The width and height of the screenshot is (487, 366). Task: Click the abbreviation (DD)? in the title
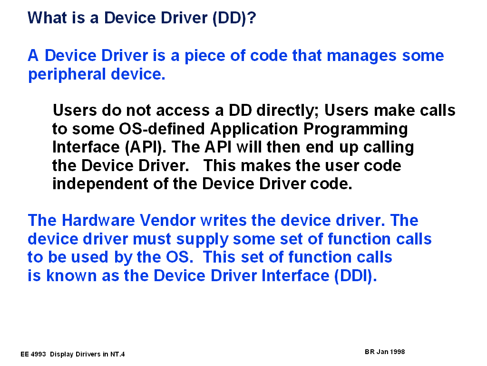[x=234, y=18]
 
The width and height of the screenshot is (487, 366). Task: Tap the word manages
[x=361, y=56]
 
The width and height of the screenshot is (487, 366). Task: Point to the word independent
[x=100, y=184]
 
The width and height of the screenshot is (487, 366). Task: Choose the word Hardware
[x=98, y=220]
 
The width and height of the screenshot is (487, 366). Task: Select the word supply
[x=202, y=240]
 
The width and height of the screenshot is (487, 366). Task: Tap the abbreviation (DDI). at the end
[x=356, y=276]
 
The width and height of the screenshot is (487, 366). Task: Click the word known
[x=71, y=276]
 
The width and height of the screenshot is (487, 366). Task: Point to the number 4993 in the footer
[x=39, y=354]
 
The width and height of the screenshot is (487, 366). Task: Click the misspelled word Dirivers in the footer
[x=88, y=354]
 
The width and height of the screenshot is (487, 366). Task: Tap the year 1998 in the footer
[x=398, y=352]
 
